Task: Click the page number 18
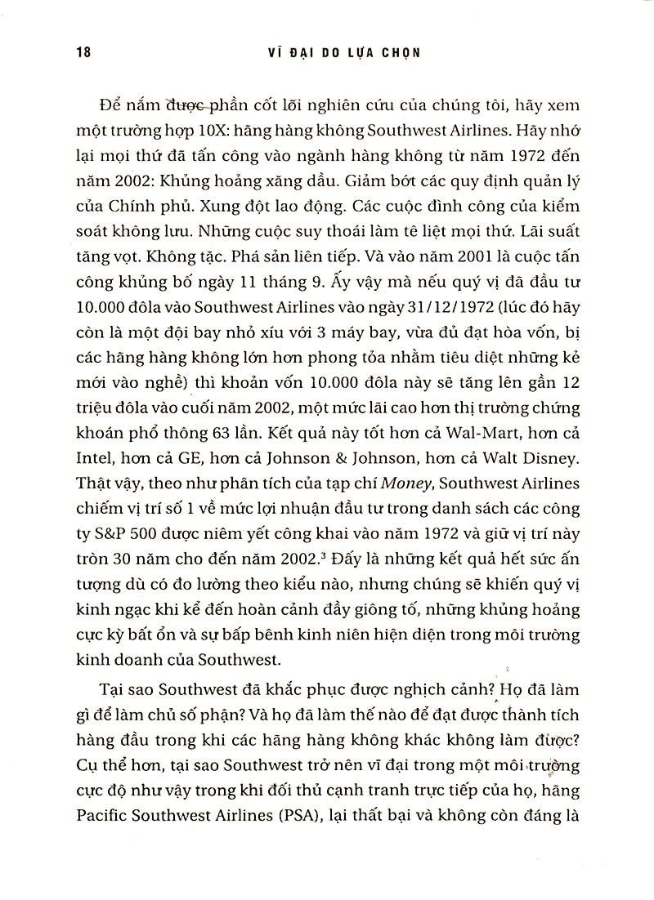coord(81,51)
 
